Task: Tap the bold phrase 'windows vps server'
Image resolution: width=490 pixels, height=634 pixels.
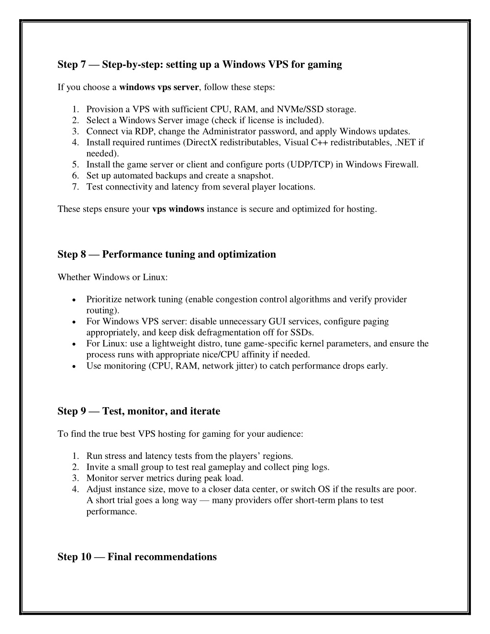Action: [159, 88]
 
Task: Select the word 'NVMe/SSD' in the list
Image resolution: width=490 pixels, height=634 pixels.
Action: [301, 110]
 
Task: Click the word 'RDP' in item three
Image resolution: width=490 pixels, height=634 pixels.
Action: [144, 132]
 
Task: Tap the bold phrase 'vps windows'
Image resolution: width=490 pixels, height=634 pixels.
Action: [178, 209]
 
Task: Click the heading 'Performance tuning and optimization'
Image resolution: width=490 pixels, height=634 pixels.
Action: [189, 255]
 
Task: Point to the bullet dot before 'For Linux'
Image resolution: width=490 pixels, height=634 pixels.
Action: [72, 344]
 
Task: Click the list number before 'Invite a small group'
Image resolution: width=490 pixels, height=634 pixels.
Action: [76, 467]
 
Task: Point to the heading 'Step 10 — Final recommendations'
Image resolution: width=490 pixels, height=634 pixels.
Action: [137, 557]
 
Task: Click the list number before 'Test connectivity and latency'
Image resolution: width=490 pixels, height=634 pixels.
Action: [76, 187]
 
